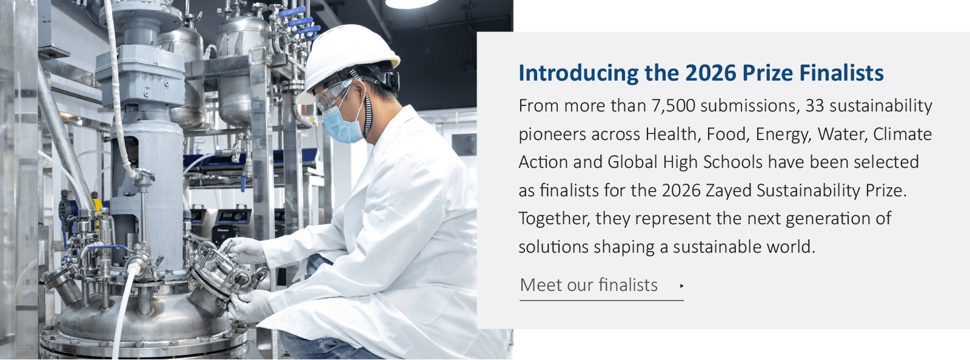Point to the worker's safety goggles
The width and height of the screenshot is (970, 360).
coord(334,95)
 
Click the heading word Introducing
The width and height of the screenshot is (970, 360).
coord(578,73)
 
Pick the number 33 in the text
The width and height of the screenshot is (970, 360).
coord(815,106)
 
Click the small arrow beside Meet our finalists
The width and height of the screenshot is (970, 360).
coord(681,286)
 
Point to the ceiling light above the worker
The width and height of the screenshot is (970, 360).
coord(412,4)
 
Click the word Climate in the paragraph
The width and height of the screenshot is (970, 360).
coord(903,134)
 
